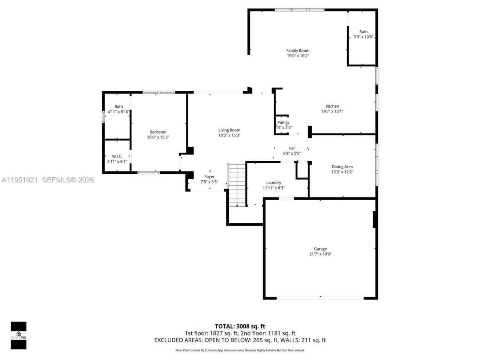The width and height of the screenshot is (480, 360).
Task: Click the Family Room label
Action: point(298,51)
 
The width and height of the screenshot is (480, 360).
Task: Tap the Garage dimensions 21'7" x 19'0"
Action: point(320,254)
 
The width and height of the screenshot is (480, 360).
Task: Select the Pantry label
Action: point(283,123)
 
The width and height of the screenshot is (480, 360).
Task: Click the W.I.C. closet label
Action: point(117,156)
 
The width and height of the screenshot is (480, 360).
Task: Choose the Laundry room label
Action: point(273,183)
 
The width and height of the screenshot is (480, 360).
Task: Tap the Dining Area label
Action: point(342,167)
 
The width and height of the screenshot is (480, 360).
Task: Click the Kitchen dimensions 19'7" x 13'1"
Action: point(332,111)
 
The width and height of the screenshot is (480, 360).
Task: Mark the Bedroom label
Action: point(158,132)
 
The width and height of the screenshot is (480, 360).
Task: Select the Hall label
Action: point(292,148)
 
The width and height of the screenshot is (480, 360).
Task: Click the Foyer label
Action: point(209,177)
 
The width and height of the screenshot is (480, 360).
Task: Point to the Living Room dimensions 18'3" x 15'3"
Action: point(229,135)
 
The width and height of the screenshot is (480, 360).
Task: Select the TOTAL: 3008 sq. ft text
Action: point(240,326)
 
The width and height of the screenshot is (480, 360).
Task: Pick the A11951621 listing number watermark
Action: point(19,180)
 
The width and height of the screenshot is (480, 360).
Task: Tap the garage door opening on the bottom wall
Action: point(320,298)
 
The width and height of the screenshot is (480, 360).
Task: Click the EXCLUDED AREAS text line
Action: point(240,340)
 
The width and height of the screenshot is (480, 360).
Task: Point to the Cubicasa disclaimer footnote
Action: point(240,350)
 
